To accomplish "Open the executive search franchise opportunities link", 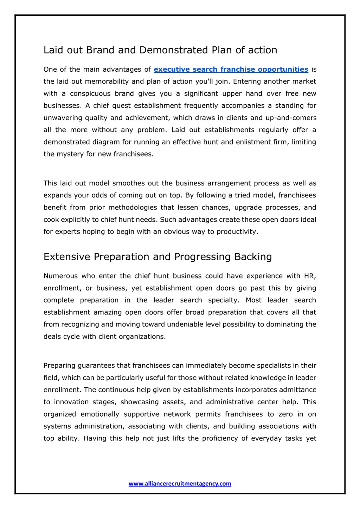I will point(231,70).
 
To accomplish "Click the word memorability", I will point(107,81).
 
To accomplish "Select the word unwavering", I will point(63,118).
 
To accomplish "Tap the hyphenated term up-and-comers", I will point(291,118).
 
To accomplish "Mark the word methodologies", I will point(133,208).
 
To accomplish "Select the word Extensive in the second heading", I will point(67,257).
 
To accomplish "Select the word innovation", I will point(72,402).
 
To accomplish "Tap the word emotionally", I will point(100,415).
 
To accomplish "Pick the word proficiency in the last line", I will point(220,439).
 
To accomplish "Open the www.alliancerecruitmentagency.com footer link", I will point(180,484).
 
